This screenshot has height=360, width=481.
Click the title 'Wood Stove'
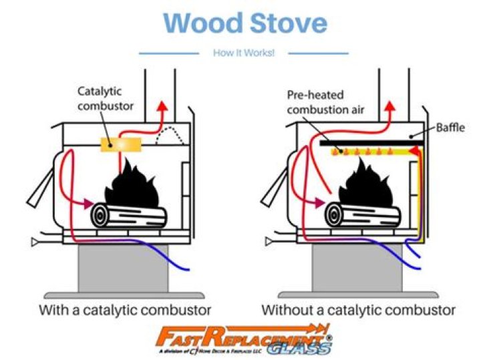[245, 23]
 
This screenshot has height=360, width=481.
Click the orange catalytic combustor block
[120, 143]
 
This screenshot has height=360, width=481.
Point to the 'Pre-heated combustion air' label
[325, 102]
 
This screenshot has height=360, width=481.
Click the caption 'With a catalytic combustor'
[125, 310]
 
